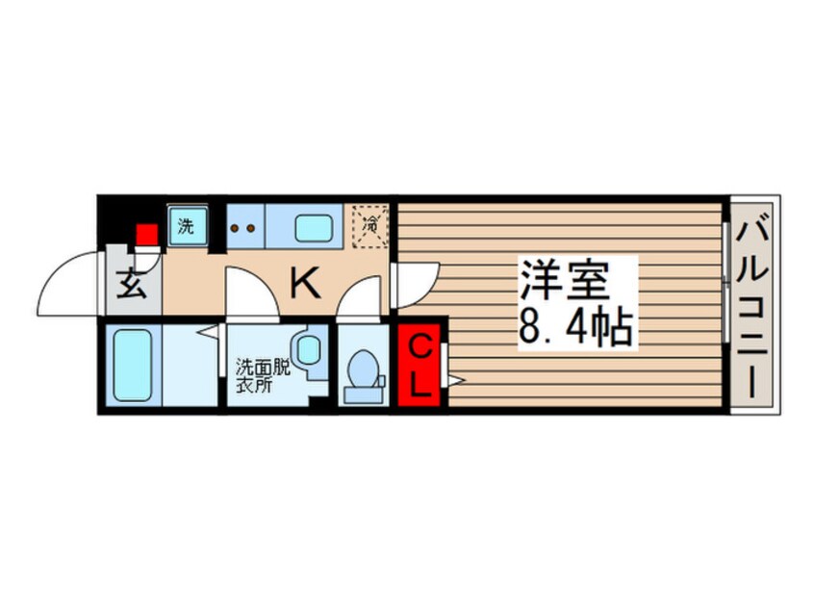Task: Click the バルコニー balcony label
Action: coord(753,305)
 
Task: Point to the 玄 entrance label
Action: coord(134,286)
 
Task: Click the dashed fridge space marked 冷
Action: coord(369,227)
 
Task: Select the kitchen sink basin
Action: coord(314,229)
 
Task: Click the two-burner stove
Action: coord(244,229)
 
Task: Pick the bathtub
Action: coord(131,366)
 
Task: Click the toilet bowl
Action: coord(363,372)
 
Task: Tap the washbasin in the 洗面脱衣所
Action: coord(308,349)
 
